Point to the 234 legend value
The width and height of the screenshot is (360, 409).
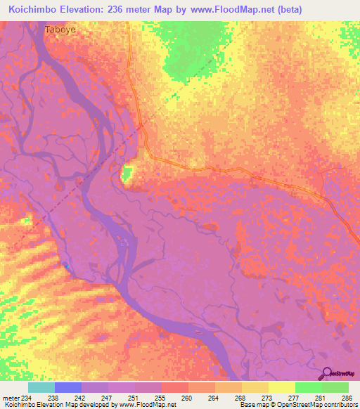tap(24, 397)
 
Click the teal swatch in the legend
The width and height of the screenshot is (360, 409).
tap(41, 387)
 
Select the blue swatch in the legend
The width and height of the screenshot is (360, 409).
tap(68, 387)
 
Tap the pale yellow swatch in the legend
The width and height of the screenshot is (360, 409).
tap(281, 387)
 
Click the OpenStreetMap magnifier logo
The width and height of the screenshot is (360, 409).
tap(326, 374)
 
